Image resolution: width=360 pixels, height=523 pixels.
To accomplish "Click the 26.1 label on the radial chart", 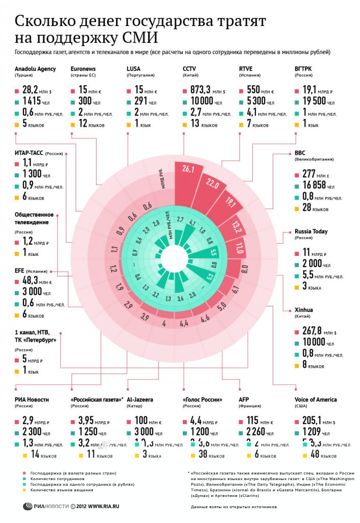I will coord(187,170).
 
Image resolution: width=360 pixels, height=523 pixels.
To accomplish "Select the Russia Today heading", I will coord(311,231).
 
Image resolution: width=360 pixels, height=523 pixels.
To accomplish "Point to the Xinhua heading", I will coord(304,310).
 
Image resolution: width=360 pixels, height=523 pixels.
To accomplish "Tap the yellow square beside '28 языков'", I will coord(297,208).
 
